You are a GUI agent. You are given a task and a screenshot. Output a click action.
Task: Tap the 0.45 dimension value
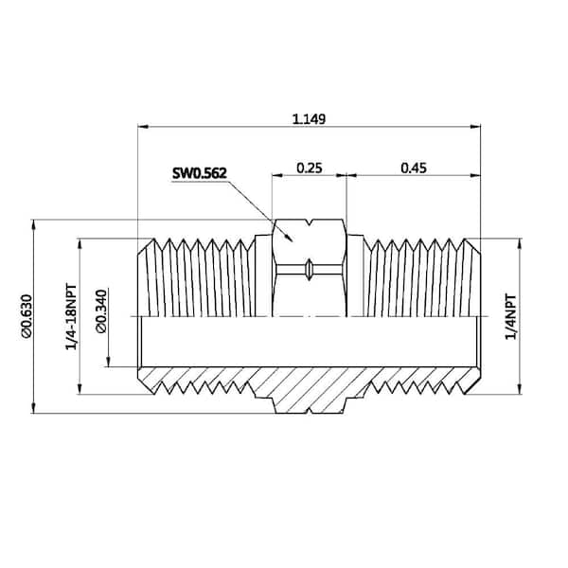[x=413, y=168]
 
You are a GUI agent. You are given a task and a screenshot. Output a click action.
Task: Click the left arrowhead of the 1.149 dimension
[x=142, y=126]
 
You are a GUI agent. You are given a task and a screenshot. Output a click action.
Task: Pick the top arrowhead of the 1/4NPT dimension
[x=518, y=241]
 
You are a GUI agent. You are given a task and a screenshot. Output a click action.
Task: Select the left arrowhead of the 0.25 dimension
[x=275, y=174]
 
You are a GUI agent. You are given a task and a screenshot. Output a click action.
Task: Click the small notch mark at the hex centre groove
[x=309, y=270]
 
